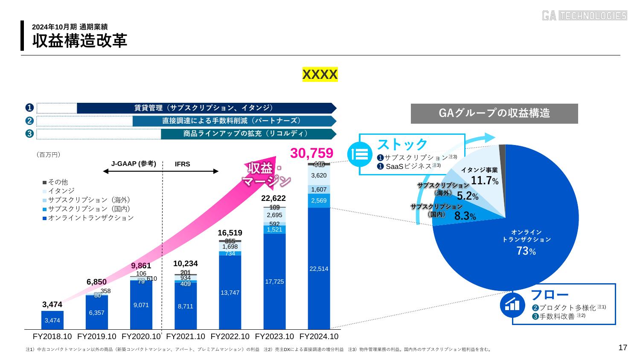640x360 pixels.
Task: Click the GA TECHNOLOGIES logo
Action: click(584, 16)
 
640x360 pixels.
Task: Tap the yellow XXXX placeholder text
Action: click(320, 75)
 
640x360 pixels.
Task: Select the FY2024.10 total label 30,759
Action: click(311, 153)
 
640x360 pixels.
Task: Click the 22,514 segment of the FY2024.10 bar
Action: click(319, 269)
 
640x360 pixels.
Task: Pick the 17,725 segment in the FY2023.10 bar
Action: click(274, 282)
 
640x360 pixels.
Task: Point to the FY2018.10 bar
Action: click(52, 320)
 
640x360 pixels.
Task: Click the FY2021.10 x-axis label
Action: click(186, 337)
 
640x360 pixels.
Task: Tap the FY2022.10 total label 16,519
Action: click(230, 233)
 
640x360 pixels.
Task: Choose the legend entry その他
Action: click(58, 182)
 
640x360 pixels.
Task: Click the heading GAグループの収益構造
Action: click(494, 113)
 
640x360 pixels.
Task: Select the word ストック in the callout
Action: click(402, 144)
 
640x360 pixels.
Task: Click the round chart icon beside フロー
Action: click(512, 304)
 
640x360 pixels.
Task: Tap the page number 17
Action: click(623, 348)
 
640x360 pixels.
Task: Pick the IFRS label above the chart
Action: click(182, 164)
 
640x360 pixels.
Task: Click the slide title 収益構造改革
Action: click(80, 41)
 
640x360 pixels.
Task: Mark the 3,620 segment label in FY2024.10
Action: click(319, 175)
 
